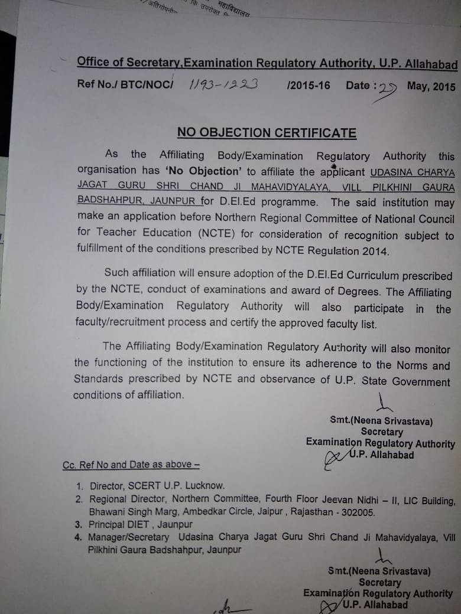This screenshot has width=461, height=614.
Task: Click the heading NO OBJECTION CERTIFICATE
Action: [x=267, y=132]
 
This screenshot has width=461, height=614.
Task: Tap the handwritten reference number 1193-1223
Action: [x=223, y=85]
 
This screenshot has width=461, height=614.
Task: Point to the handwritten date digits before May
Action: [x=387, y=89]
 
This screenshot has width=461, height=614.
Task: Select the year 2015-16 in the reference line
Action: [x=309, y=86]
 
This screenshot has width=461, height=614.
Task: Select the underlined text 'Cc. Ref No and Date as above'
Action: [x=131, y=465]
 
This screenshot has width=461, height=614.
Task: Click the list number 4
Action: [x=77, y=537]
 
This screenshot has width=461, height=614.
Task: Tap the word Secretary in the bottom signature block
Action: [x=380, y=582]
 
